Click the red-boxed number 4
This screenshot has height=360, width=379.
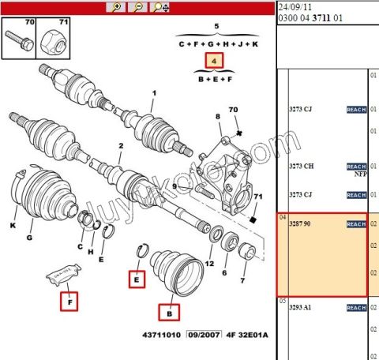pyautogui.click(x=214, y=60)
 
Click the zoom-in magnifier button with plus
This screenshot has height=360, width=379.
pyautogui.click(x=116, y=7)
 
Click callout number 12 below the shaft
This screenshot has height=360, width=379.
pyautogui.click(x=209, y=263)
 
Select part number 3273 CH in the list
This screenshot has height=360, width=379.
pyautogui.click(x=302, y=167)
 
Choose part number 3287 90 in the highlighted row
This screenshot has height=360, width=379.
pyautogui.click(x=302, y=224)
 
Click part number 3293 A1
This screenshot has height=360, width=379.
pyautogui.click(x=302, y=307)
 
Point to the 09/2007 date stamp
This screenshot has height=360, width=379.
pyautogui.click(x=204, y=336)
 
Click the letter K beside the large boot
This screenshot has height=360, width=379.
pyautogui.click(x=13, y=226)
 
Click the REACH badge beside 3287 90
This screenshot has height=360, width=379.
pyautogui.click(x=356, y=224)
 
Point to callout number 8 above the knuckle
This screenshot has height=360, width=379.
pyautogui.click(x=218, y=117)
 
